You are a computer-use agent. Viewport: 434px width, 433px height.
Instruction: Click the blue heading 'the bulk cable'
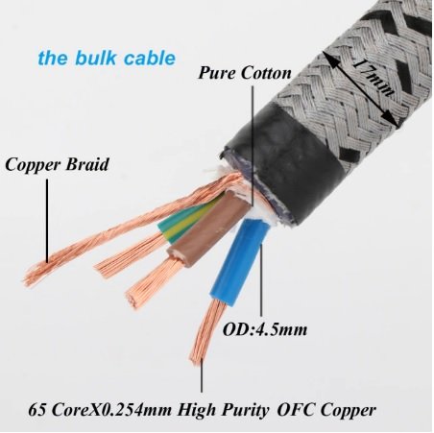tap(107, 59)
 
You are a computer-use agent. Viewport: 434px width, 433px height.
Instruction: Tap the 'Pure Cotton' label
tap(245, 73)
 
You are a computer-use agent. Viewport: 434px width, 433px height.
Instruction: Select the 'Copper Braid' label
tap(57, 165)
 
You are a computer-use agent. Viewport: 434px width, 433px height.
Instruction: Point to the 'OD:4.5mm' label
tap(265, 329)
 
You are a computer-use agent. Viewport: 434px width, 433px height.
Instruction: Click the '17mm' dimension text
tap(373, 80)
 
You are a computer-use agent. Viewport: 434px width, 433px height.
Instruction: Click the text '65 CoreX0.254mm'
tap(100, 410)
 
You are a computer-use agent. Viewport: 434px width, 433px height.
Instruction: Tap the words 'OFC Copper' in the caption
tap(326, 410)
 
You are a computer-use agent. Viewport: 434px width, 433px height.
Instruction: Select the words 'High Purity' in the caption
tap(223, 410)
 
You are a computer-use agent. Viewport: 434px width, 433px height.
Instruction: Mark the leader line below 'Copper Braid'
tap(47, 221)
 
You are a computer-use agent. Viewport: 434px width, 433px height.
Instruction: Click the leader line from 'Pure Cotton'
tap(253, 145)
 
